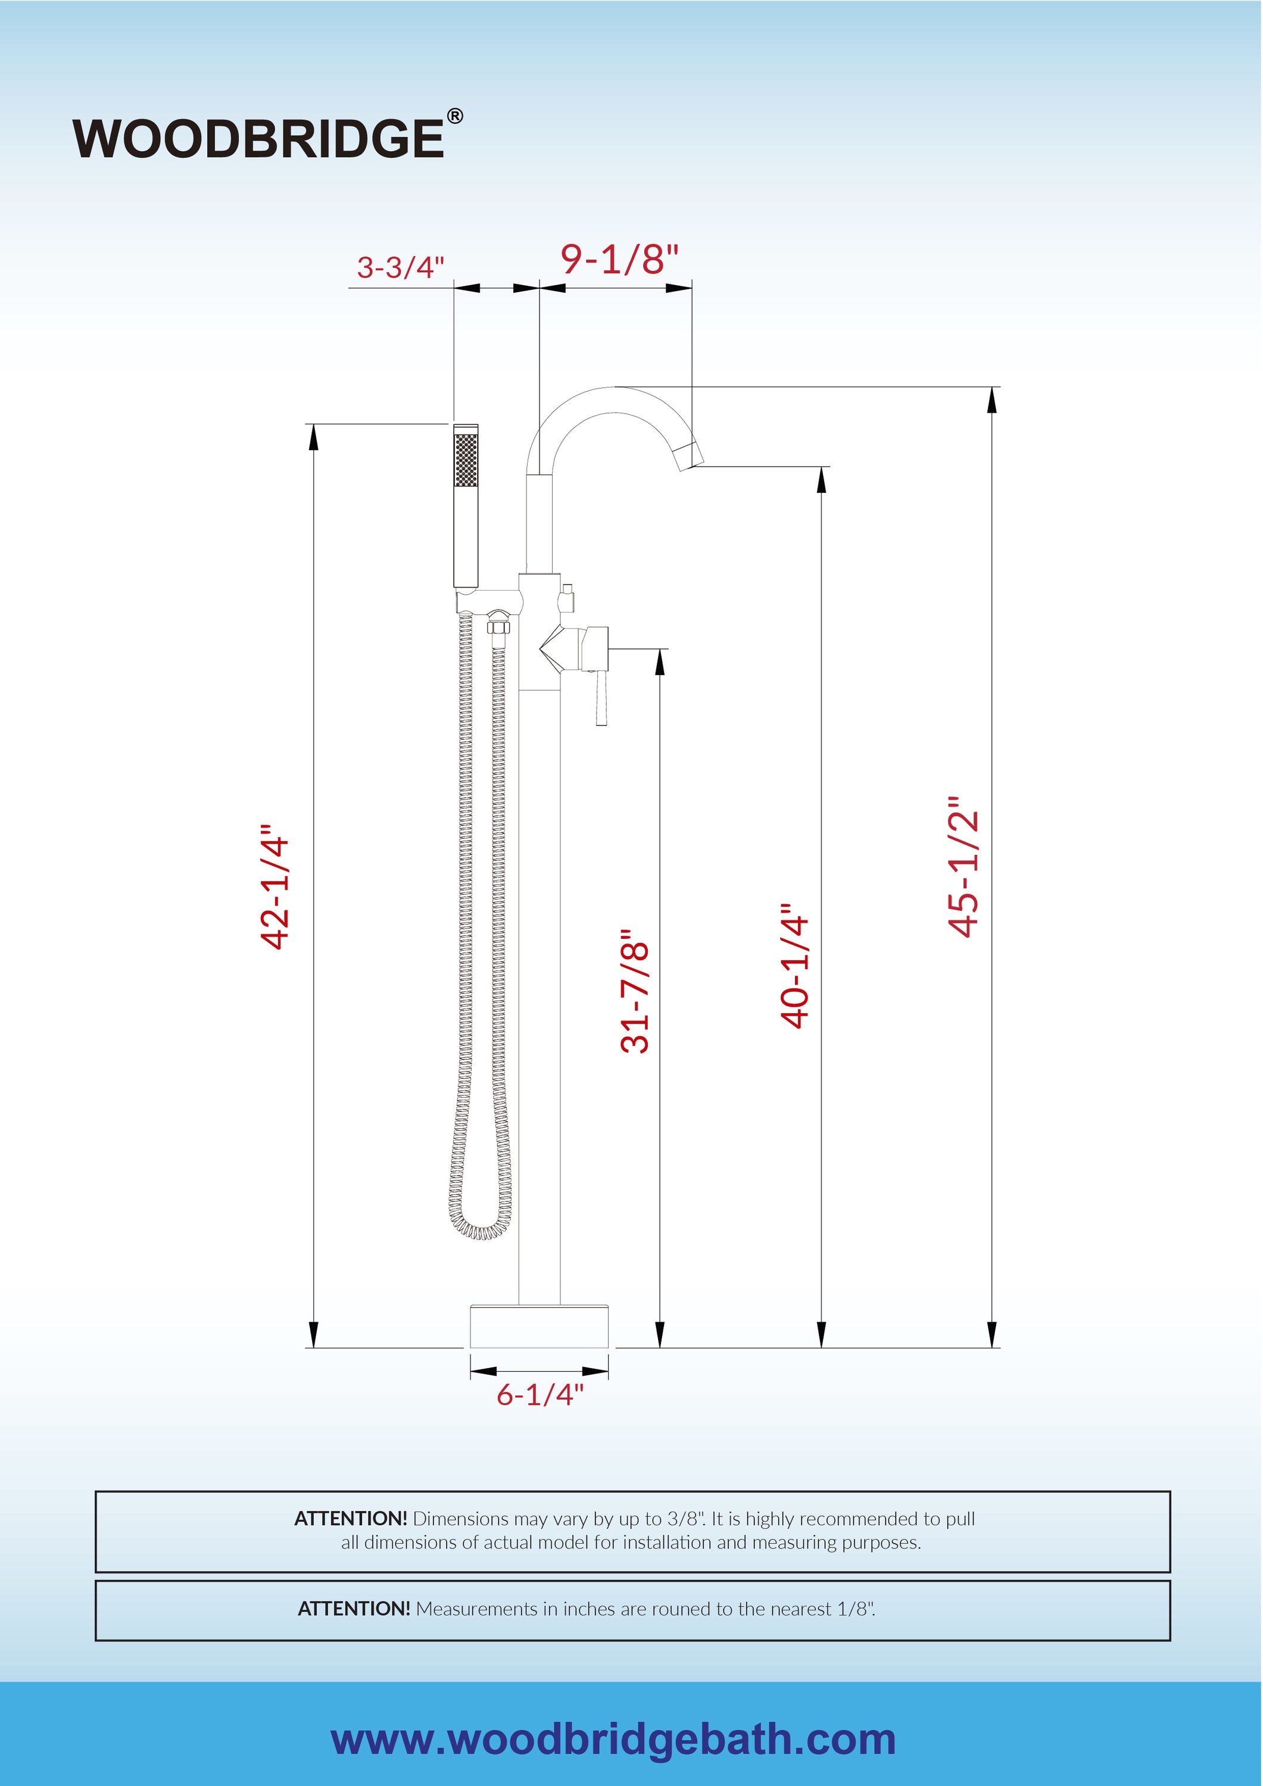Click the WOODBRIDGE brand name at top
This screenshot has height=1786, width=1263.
(x=258, y=139)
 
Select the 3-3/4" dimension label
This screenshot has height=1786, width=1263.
(x=400, y=267)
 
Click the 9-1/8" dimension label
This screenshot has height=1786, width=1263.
(x=619, y=259)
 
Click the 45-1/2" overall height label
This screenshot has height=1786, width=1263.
(x=963, y=867)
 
